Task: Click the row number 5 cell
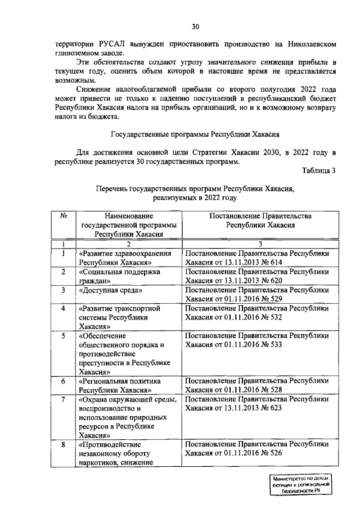click(64, 336)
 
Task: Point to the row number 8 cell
click(64, 445)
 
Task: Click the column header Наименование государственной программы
click(129, 226)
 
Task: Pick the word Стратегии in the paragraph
click(203, 154)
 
